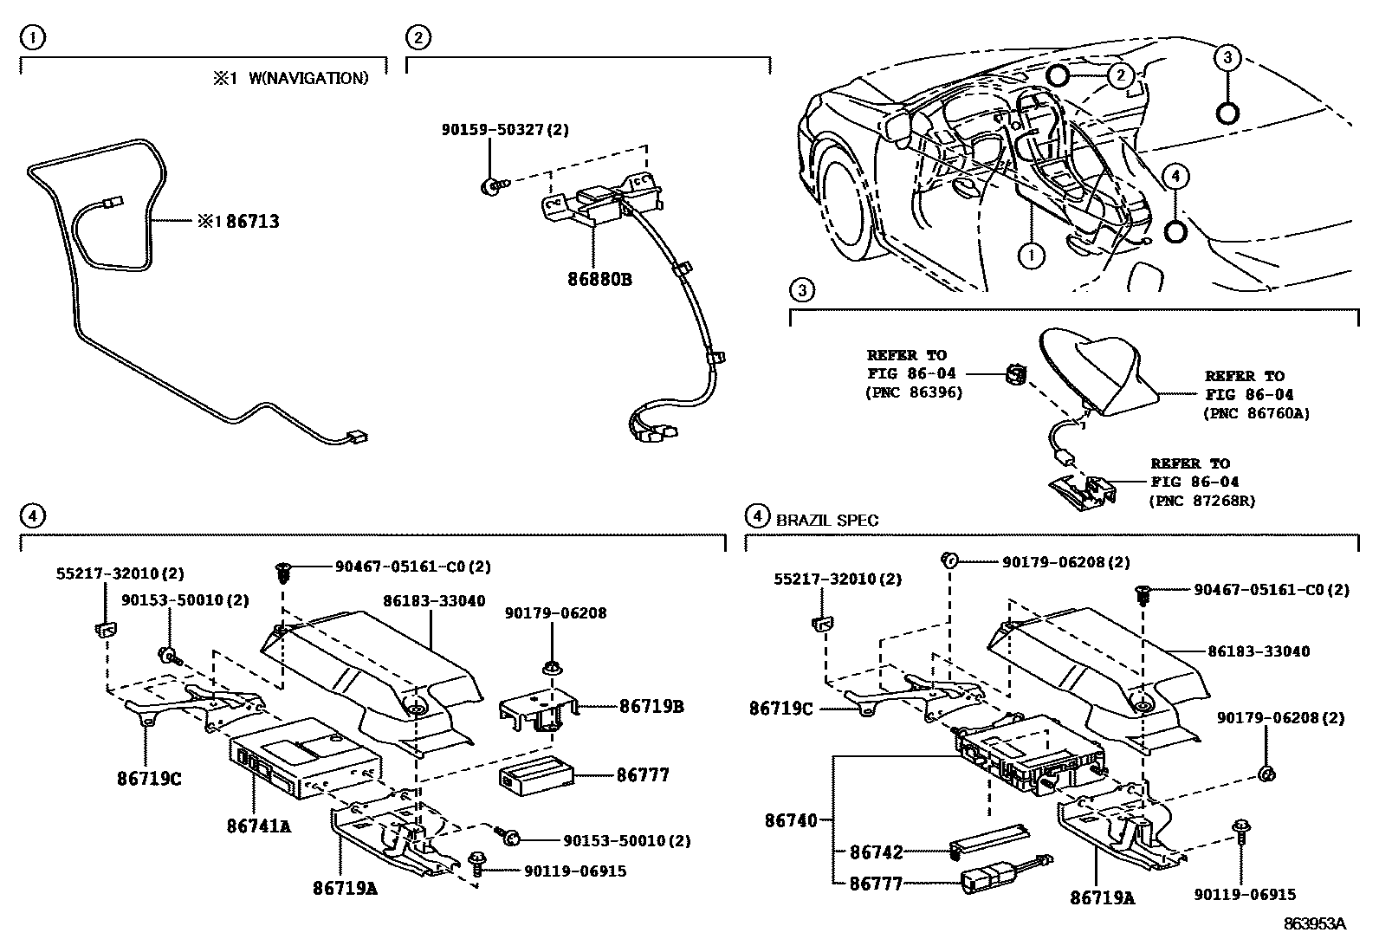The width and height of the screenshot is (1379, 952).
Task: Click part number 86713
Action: click(252, 222)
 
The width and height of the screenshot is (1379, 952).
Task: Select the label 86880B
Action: click(599, 280)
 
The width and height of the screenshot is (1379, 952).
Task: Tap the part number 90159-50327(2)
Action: click(505, 130)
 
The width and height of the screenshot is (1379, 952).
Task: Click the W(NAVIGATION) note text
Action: click(308, 78)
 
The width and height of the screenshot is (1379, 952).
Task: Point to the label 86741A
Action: click(258, 826)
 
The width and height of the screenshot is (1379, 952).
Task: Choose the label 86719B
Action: click(651, 707)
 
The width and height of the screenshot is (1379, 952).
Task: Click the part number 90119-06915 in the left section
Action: click(574, 871)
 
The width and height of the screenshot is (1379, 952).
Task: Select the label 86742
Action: click(876, 853)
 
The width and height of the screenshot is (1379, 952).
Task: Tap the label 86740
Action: click(791, 819)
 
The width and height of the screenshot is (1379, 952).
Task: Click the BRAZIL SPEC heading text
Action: click(826, 521)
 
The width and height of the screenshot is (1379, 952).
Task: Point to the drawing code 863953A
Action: click(1315, 923)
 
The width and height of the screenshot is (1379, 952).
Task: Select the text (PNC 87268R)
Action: click(1202, 500)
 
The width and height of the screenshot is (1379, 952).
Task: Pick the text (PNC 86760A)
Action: click(1256, 413)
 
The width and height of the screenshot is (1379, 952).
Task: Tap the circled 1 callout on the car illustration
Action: click(1031, 256)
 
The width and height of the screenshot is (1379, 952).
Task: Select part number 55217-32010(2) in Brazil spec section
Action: click(837, 579)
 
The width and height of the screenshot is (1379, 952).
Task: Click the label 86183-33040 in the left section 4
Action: click(434, 600)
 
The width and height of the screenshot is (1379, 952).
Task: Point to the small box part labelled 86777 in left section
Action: click(534, 774)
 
